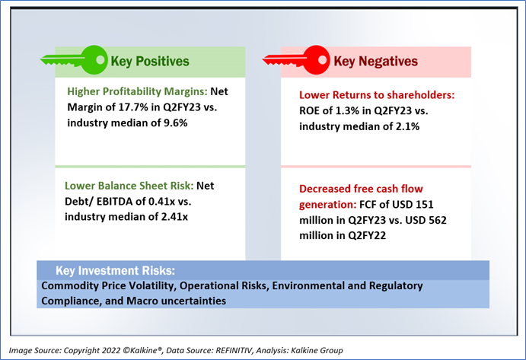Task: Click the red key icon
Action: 293,59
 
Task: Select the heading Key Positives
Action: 150,61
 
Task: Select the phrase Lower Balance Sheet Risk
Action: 130,185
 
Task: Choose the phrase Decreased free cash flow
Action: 361,188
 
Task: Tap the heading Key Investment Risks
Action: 115,271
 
